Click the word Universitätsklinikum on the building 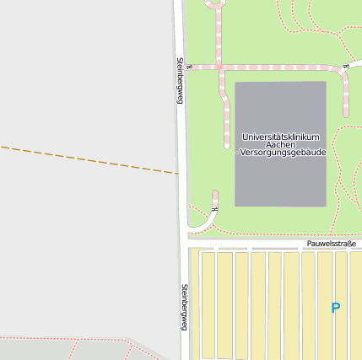coord(280,137)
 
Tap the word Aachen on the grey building coord(280,144)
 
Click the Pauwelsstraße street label coord(332,244)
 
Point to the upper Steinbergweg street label coord(180,81)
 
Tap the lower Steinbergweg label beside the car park coord(183,307)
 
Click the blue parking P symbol coord(335,309)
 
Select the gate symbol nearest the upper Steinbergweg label coord(190,67)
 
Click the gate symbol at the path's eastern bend coord(346,66)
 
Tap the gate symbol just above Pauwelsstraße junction coord(214,209)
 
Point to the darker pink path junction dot coord(219,67)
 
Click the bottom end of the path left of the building coord(226,144)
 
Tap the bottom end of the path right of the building coord(346,113)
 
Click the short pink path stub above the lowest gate coord(215,197)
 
